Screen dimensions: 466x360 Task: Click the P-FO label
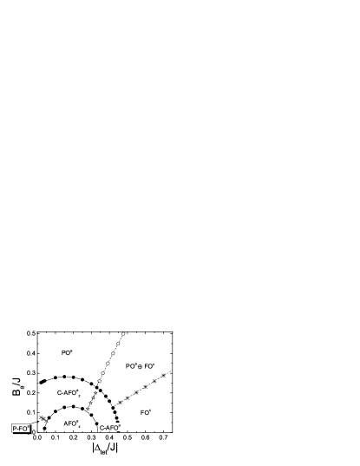[21, 428]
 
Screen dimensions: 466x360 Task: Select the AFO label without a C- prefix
[72, 423]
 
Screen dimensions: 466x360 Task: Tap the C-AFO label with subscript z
[69, 393]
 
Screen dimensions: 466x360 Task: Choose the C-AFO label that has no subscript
[110, 428]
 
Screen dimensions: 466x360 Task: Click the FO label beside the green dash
[149, 366]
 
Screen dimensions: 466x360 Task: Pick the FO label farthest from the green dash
[146, 412]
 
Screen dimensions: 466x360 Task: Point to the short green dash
[168, 372]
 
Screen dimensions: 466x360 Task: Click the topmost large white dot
[123, 333]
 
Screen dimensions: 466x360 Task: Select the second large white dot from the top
[118, 344]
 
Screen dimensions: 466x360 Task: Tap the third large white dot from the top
[113, 353]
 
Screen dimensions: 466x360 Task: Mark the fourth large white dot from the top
[108, 363]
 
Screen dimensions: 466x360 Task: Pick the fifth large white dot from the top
[102, 373]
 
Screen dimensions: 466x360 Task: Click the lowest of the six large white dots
[100, 381]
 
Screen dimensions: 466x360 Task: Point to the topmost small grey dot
[95, 392]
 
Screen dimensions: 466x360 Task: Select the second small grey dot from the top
[93, 397]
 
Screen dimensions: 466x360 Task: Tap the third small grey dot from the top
[90, 403]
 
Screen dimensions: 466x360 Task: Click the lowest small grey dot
[88, 409]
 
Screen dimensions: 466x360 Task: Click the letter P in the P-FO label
[15, 429]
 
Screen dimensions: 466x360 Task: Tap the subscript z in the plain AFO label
[79, 425]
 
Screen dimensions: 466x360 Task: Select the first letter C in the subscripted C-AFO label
[59, 393]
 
